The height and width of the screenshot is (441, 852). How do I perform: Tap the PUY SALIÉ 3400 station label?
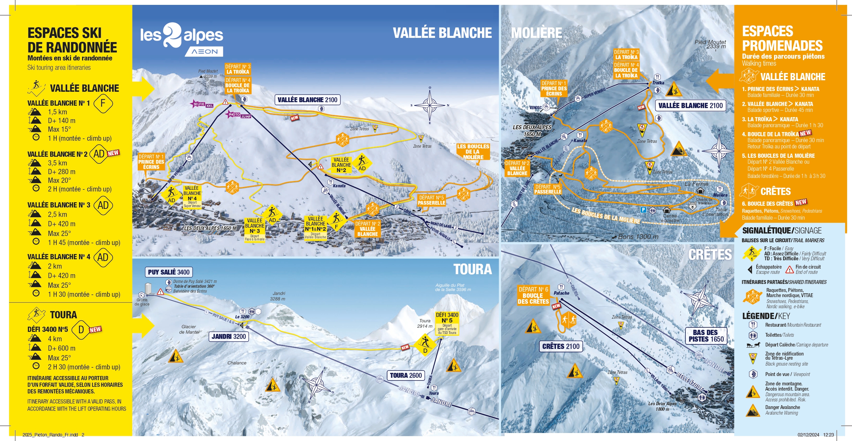(x=169, y=272)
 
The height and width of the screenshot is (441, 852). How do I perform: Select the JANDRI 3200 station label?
(x=229, y=336)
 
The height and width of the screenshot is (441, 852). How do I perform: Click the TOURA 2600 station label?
(x=405, y=375)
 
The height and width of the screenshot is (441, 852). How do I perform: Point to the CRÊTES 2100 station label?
(x=561, y=346)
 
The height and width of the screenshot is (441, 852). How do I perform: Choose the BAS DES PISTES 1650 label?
(x=706, y=336)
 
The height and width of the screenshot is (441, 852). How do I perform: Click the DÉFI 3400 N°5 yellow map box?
(x=447, y=323)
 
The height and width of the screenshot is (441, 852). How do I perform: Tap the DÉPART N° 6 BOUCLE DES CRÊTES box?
(x=533, y=295)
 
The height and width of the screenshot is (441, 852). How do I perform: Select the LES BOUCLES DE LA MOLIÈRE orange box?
(x=473, y=152)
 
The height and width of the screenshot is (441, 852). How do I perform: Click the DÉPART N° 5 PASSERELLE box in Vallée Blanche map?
(x=431, y=200)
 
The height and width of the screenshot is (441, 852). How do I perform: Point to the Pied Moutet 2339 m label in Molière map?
(x=710, y=44)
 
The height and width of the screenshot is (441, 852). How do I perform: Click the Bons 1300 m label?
(x=638, y=237)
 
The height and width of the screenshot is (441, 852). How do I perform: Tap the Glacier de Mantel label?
(x=189, y=329)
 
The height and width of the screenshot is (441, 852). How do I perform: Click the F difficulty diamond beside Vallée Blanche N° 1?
(x=103, y=103)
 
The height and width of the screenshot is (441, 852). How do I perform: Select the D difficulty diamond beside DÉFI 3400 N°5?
(x=81, y=329)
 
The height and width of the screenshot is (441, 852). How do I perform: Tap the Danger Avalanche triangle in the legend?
(x=753, y=410)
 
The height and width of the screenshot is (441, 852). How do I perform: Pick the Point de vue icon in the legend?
(x=753, y=374)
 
